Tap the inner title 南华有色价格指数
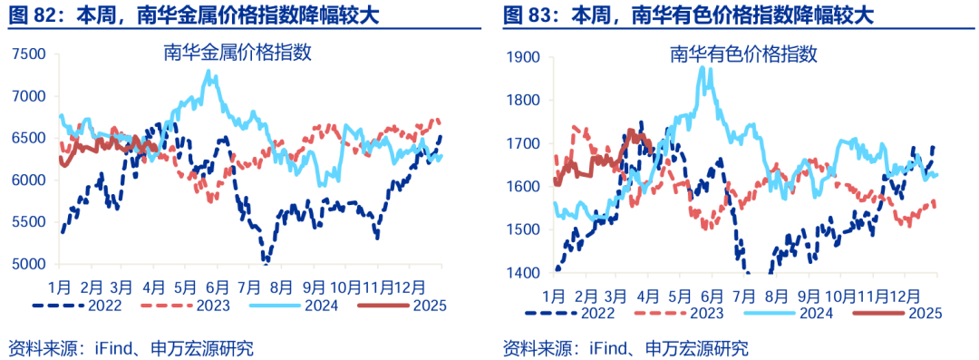point(744,55)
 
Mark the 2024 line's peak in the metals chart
point(210,72)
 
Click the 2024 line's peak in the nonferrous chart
point(703,68)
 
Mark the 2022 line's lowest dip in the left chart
point(266,263)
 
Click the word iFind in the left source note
point(113,347)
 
